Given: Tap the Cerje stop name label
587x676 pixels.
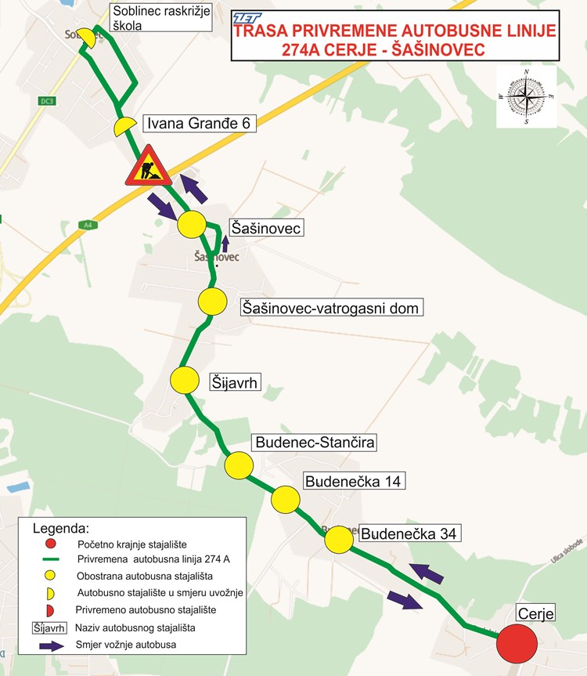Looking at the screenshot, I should click(535, 613).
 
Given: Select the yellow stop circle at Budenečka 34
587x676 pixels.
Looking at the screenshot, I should click(339, 540).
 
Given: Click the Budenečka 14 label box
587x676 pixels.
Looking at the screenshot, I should click(353, 481).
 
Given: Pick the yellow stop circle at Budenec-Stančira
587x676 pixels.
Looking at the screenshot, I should click(239, 466).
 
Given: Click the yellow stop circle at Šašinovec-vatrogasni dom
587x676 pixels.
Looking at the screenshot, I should click(212, 301).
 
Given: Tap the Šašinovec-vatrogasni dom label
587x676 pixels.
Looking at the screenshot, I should click(330, 308).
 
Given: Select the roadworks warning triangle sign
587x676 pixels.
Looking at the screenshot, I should click(148, 167).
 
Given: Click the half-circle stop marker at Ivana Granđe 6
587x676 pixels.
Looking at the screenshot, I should click(124, 127).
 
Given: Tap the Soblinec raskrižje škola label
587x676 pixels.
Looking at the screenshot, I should click(160, 17).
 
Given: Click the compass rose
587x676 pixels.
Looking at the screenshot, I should click(527, 96).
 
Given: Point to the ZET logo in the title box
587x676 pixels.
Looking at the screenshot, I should click(248, 16).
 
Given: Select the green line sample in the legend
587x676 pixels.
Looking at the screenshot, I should click(50, 560).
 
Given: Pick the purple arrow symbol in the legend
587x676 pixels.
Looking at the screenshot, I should click(49, 645).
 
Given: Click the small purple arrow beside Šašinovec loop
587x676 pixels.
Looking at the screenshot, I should click(225, 242).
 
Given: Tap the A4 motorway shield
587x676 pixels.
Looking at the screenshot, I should click(85, 225).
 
